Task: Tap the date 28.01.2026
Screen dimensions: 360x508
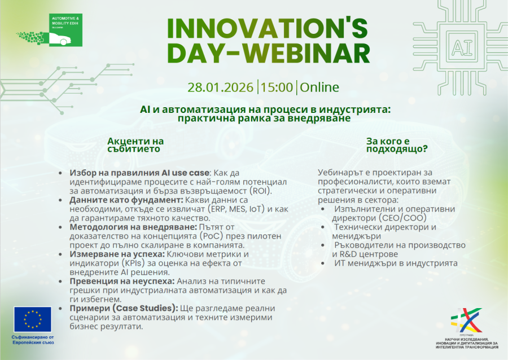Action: click(x=221, y=87)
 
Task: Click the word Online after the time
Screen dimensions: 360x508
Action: click(x=319, y=87)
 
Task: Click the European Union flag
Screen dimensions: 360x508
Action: click(x=33, y=320)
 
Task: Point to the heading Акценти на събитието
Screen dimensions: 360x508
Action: click(x=135, y=144)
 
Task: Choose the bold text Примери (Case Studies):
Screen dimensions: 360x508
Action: click(x=123, y=308)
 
